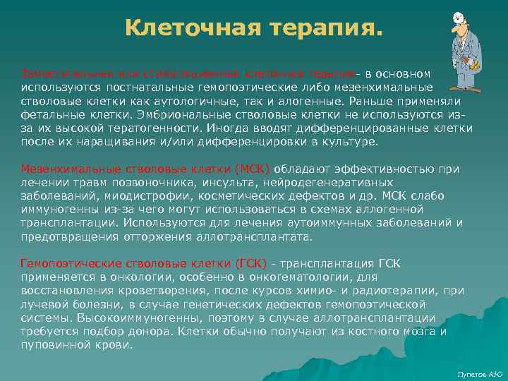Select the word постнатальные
point(145,87)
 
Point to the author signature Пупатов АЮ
point(479,373)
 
